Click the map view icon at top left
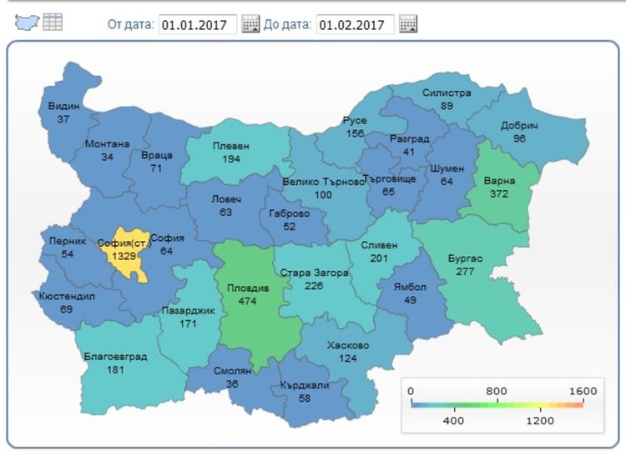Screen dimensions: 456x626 28,23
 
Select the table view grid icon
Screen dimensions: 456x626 53,23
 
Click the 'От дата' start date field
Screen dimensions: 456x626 197,24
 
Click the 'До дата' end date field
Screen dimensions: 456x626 355,24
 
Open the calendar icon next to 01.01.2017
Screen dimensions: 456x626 250,24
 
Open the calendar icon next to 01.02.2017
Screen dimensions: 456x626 408,24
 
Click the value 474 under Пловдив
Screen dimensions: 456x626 247,299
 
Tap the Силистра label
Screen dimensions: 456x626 447,93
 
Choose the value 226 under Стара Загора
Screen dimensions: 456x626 314,285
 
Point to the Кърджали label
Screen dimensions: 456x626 306,384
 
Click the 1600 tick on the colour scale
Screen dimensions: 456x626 582,390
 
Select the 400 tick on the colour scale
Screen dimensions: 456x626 453,421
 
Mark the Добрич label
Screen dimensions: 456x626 519,126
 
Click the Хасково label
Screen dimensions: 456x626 349,345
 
